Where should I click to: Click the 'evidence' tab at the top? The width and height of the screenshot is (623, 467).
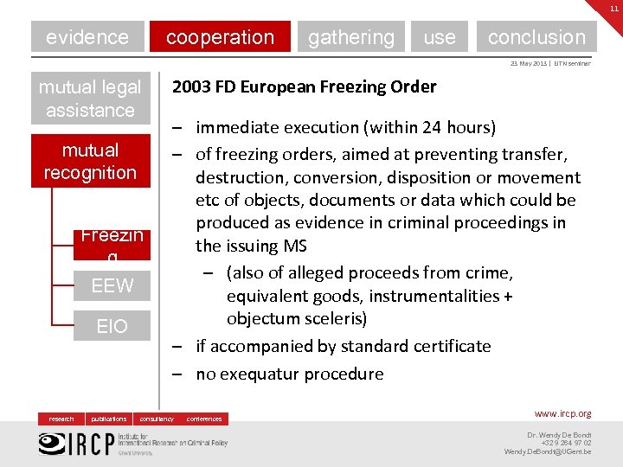click(x=87, y=37)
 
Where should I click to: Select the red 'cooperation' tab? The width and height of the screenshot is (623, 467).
click(x=220, y=37)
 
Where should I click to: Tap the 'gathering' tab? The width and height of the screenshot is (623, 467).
click(x=350, y=37)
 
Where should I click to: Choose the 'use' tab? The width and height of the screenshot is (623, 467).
click(x=440, y=37)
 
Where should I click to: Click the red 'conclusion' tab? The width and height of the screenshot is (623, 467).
click(x=536, y=37)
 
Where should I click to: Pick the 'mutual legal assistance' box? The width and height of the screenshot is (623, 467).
click(x=90, y=99)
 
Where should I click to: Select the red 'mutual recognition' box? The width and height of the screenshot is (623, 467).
click(x=90, y=161)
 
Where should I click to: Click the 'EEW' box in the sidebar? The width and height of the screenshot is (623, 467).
click(x=112, y=285)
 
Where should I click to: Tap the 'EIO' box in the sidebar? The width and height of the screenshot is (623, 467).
click(x=112, y=325)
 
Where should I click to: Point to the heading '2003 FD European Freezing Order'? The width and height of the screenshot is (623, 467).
click(x=305, y=86)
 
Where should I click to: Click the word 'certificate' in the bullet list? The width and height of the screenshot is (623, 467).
click(x=446, y=346)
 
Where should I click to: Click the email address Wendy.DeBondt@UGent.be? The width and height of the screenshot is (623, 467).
click(x=548, y=451)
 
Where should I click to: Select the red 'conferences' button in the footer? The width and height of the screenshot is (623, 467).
click(x=204, y=419)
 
